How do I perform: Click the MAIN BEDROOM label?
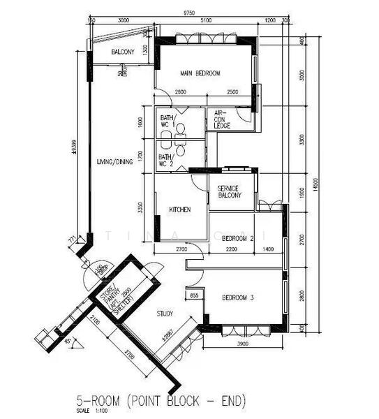coord(200,73)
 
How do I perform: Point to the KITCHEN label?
coord(180,209)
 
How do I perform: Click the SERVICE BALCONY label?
coord(229,192)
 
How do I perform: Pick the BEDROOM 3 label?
coord(237,298)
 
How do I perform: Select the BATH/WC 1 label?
coord(168,121)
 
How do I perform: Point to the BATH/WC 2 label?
coord(167,160)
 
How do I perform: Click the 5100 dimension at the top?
coord(206,21)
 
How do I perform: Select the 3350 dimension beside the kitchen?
coord(141,207)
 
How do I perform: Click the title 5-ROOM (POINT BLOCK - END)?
coord(161,401)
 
